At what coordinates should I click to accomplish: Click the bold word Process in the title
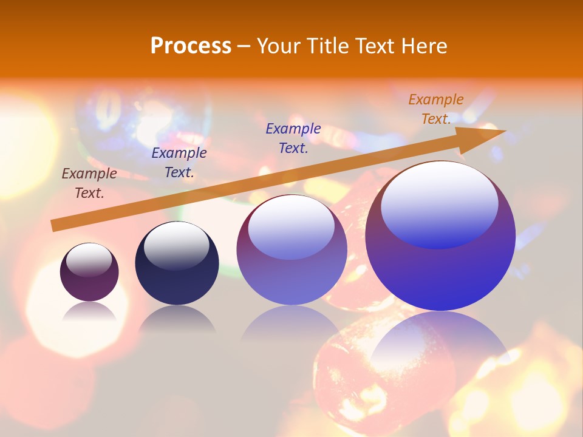click(x=191, y=46)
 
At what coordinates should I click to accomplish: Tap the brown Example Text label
click(x=89, y=183)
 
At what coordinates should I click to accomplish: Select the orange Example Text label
click(x=436, y=109)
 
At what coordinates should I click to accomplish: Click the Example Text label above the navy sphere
click(x=179, y=163)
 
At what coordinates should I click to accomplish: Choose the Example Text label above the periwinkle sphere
click(x=293, y=138)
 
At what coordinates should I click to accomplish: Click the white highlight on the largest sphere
click(x=440, y=203)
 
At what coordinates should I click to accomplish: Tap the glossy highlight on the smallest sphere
click(x=89, y=260)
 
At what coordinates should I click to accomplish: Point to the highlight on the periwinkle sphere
click(x=291, y=226)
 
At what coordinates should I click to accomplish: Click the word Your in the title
click(x=278, y=46)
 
